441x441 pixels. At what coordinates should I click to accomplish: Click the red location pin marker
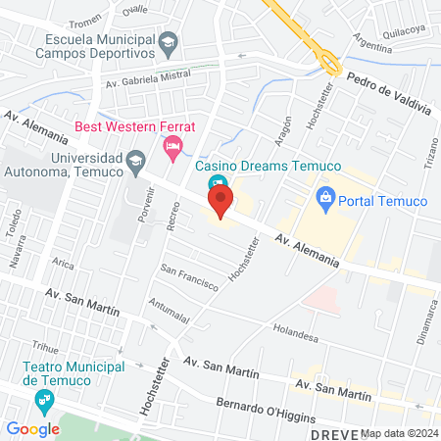220,204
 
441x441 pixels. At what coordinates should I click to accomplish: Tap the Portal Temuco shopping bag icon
327,200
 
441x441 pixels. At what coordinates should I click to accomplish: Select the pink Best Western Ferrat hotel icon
172,148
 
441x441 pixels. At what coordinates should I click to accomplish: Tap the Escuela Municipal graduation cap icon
169,41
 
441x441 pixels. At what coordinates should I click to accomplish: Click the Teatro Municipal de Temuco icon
43,400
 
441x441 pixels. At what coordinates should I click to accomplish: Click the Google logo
32,428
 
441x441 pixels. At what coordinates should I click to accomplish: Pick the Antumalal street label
170,312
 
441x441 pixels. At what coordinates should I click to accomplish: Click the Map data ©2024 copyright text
398,432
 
